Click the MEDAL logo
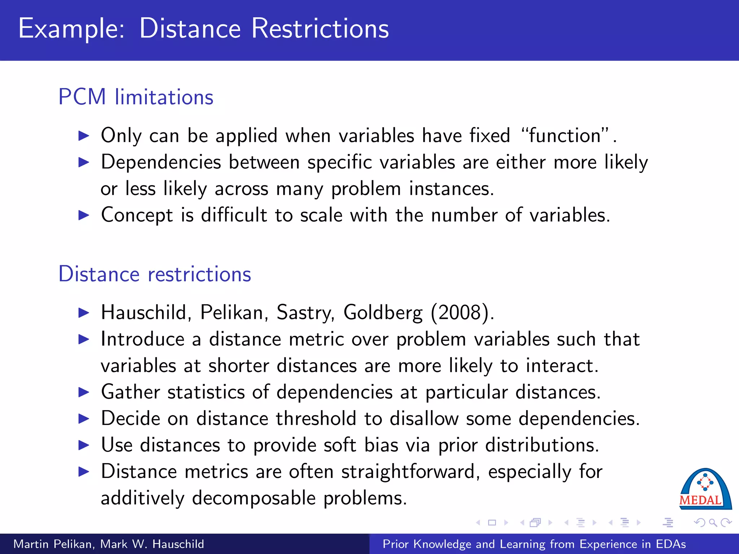click(x=705, y=489)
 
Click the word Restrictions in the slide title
click(x=320, y=29)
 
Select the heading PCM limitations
click(x=136, y=97)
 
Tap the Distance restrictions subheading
click(x=154, y=274)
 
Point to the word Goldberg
click(x=382, y=312)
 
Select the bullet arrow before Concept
click(x=84, y=215)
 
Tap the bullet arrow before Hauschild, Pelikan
click(x=84, y=313)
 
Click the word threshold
click(x=316, y=419)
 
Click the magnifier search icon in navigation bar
click(x=713, y=523)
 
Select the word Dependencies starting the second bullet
click(x=161, y=162)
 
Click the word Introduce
click(x=143, y=339)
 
